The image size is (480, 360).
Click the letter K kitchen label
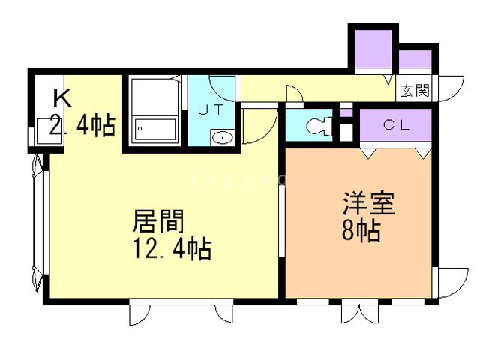pyautogui.click(x=61, y=98)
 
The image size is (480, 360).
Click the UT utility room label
pyautogui.click(x=210, y=108)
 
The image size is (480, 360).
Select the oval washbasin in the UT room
pyautogui.click(x=222, y=137)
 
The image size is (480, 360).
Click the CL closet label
pyautogui.click(x=397, y=125)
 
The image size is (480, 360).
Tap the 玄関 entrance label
pyautogui.click(x=414, y=91)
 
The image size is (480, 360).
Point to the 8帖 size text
pyautogui.click(x=361, y=229)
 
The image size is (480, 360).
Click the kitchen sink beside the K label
pyautogui.click(x=41, y=134)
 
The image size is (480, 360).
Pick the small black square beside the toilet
pyautogui.click(x=346, y=131)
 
